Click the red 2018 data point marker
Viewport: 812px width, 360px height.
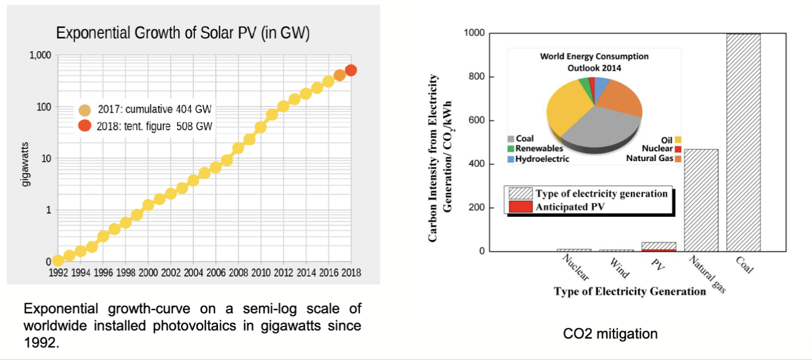pos(351,70)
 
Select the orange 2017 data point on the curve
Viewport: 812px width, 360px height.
pos(340,75)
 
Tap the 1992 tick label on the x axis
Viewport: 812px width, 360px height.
pos(58,273)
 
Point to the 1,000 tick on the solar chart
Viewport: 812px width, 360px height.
pos(41,55)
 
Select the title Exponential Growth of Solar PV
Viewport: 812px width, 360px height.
pos(183,33)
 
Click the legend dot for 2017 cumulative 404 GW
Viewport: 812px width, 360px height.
pos(85,110)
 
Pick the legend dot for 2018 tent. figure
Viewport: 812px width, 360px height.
pos(85,126)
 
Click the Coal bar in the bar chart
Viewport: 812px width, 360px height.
pos(744,142)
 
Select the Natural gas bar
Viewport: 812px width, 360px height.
pos(701,200)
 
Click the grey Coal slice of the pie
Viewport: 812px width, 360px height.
pos(598,127)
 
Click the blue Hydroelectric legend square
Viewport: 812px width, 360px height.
pos(511,159)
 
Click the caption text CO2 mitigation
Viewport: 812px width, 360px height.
pos(610,334)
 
